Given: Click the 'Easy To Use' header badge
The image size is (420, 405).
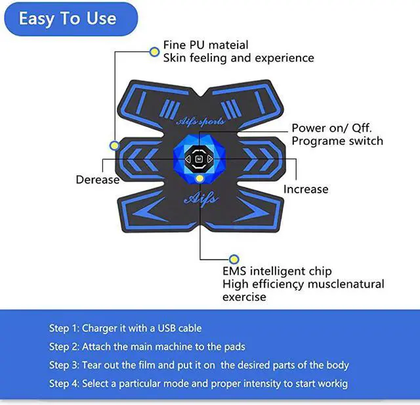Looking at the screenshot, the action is (71, 19).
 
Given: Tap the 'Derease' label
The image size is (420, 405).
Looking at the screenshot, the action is (98, 179).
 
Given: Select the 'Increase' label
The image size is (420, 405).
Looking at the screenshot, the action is (306, 189).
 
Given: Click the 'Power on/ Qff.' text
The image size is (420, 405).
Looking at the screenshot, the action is (332, 128).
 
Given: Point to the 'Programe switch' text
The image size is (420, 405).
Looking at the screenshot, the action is (337, 141).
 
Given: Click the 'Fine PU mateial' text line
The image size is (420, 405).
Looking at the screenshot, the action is (205, 45).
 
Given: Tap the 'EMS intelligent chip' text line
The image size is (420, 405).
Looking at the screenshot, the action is (277, 271).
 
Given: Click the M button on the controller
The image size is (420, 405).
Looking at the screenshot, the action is (198, 159).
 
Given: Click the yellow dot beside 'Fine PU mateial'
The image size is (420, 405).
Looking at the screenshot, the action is (154, 52).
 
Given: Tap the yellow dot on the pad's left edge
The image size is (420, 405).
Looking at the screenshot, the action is (115, 145).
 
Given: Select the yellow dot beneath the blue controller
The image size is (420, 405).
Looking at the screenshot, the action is (199, 178).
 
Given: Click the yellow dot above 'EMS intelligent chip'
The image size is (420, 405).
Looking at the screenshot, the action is (234, 259).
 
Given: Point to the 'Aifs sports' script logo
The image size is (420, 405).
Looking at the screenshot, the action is (200, 122).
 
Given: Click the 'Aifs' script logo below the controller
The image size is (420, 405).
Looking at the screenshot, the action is (201, 199).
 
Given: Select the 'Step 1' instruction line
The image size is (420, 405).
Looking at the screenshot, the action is (125, 328).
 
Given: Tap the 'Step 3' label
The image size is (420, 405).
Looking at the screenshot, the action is (64, 366).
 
